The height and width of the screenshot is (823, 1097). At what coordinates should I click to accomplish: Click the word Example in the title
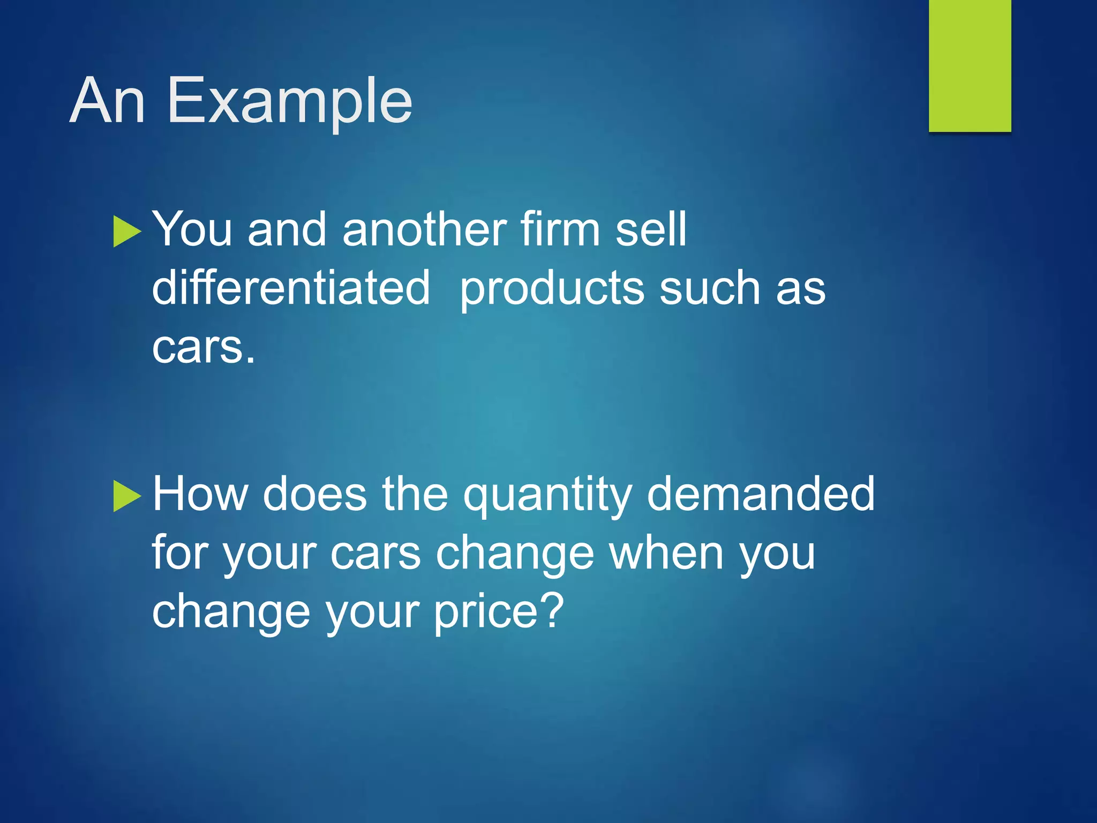point(290,101)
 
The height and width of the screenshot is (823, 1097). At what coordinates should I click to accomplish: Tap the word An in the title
point(107,101)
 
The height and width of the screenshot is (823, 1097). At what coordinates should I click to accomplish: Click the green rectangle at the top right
point(970,65)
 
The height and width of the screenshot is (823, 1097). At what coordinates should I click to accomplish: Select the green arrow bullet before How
point(126,496)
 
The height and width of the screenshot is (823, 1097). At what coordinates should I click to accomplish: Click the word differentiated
point(291,288)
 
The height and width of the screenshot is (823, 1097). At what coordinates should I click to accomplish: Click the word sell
point(650,229)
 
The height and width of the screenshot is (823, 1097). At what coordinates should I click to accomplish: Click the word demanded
point(761,494)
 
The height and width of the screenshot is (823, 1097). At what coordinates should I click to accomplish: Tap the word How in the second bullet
point(200,494)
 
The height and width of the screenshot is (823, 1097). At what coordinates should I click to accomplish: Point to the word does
point(315,494)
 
